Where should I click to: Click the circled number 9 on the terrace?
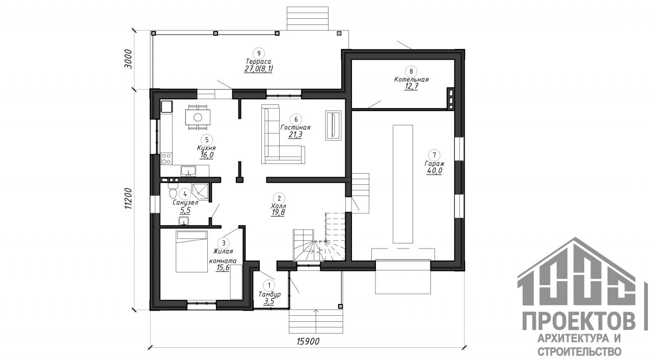click(259, 53)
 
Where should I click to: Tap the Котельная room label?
click(411, 79)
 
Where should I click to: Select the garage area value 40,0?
click(434, 171)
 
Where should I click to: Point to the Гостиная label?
click(295, 127)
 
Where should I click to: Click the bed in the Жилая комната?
click(192, 251)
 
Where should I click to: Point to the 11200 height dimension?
click(128, 198)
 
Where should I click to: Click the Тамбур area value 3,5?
click(268, 301)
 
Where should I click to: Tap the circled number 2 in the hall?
click(278, 197)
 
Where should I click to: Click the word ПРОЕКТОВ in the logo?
click(580, 322)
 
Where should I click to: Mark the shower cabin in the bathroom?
click(200, 191)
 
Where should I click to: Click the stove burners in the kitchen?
click(166, 158)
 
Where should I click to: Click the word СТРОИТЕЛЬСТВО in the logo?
click(580, 351)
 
